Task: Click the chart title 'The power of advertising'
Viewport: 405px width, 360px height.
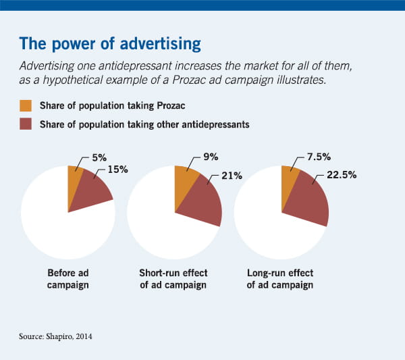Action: (109, 45)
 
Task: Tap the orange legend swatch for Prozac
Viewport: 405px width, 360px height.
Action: (26, 105)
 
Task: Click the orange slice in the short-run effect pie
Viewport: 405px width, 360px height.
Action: (183, 179)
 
